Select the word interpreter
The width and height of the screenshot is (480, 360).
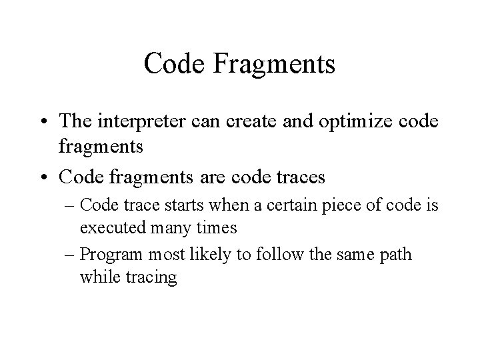click(x=138, y=122)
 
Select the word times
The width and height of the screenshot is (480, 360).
click(x=215, y=228)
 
